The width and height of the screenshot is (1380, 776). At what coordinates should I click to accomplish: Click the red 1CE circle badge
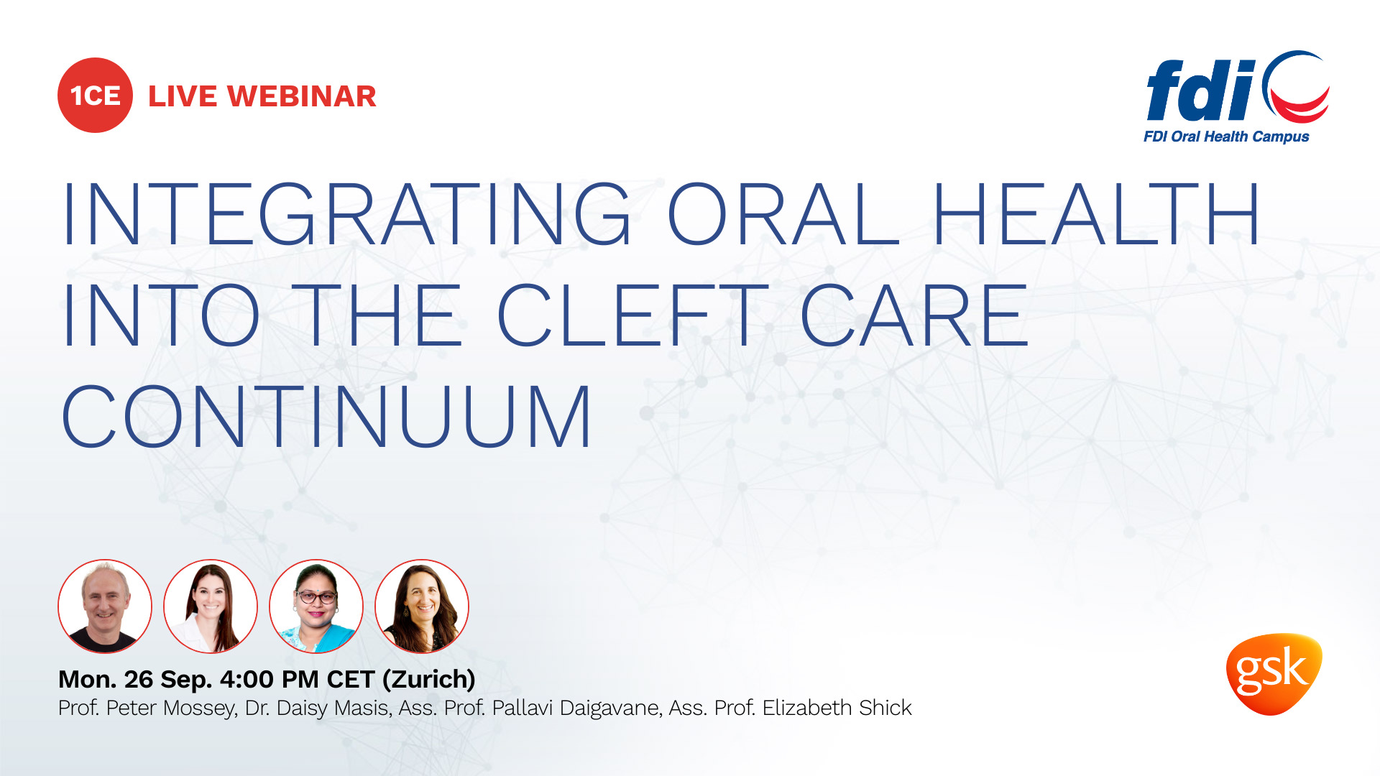(x=95, y=96)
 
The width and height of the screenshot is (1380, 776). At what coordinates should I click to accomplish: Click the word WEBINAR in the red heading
(x=302, y=96)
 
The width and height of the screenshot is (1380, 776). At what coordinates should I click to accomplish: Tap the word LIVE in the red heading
(x=182, y=96)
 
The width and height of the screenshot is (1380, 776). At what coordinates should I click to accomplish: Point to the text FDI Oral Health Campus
(x=1226, y=137)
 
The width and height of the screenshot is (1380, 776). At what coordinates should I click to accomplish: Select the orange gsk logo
(x=1274, y=673)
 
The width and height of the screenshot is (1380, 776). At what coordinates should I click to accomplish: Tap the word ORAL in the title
(x=783, y=214)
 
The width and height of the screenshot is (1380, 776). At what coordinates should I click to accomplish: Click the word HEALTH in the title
(x=1095, y=214)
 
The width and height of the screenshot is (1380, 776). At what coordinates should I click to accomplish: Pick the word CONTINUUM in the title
(x=327, y=417)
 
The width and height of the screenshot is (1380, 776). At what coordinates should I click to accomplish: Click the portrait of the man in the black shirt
(x=105, y=606)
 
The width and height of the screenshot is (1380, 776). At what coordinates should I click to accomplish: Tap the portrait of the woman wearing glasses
(x=316, y=606)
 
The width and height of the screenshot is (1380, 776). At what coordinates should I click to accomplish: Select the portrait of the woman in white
(x=211, y=606)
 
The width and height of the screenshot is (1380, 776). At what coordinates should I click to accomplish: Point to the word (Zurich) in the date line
(x=428, y=679)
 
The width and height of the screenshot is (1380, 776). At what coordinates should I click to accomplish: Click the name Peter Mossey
(x=171, y=708)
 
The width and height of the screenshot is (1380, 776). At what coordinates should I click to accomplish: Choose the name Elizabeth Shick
(x=837, y=708)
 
